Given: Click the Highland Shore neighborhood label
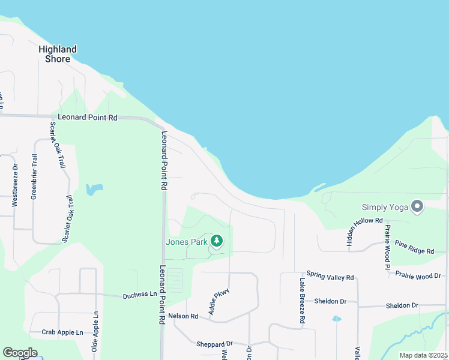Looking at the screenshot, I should coord(57,54).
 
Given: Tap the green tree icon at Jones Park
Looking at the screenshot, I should coord(217,241).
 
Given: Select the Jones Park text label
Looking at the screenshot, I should coord(187,242).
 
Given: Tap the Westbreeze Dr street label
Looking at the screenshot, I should coord(15,185).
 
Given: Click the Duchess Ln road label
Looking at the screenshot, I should coord(139,295).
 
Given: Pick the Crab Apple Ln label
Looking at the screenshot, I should coord(62,332).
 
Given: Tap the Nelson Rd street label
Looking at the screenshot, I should coord(183,316).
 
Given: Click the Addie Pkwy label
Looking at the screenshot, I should coord(219,302).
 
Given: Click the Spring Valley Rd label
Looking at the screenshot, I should coord(330,277).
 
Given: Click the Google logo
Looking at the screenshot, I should coord(20,353).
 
